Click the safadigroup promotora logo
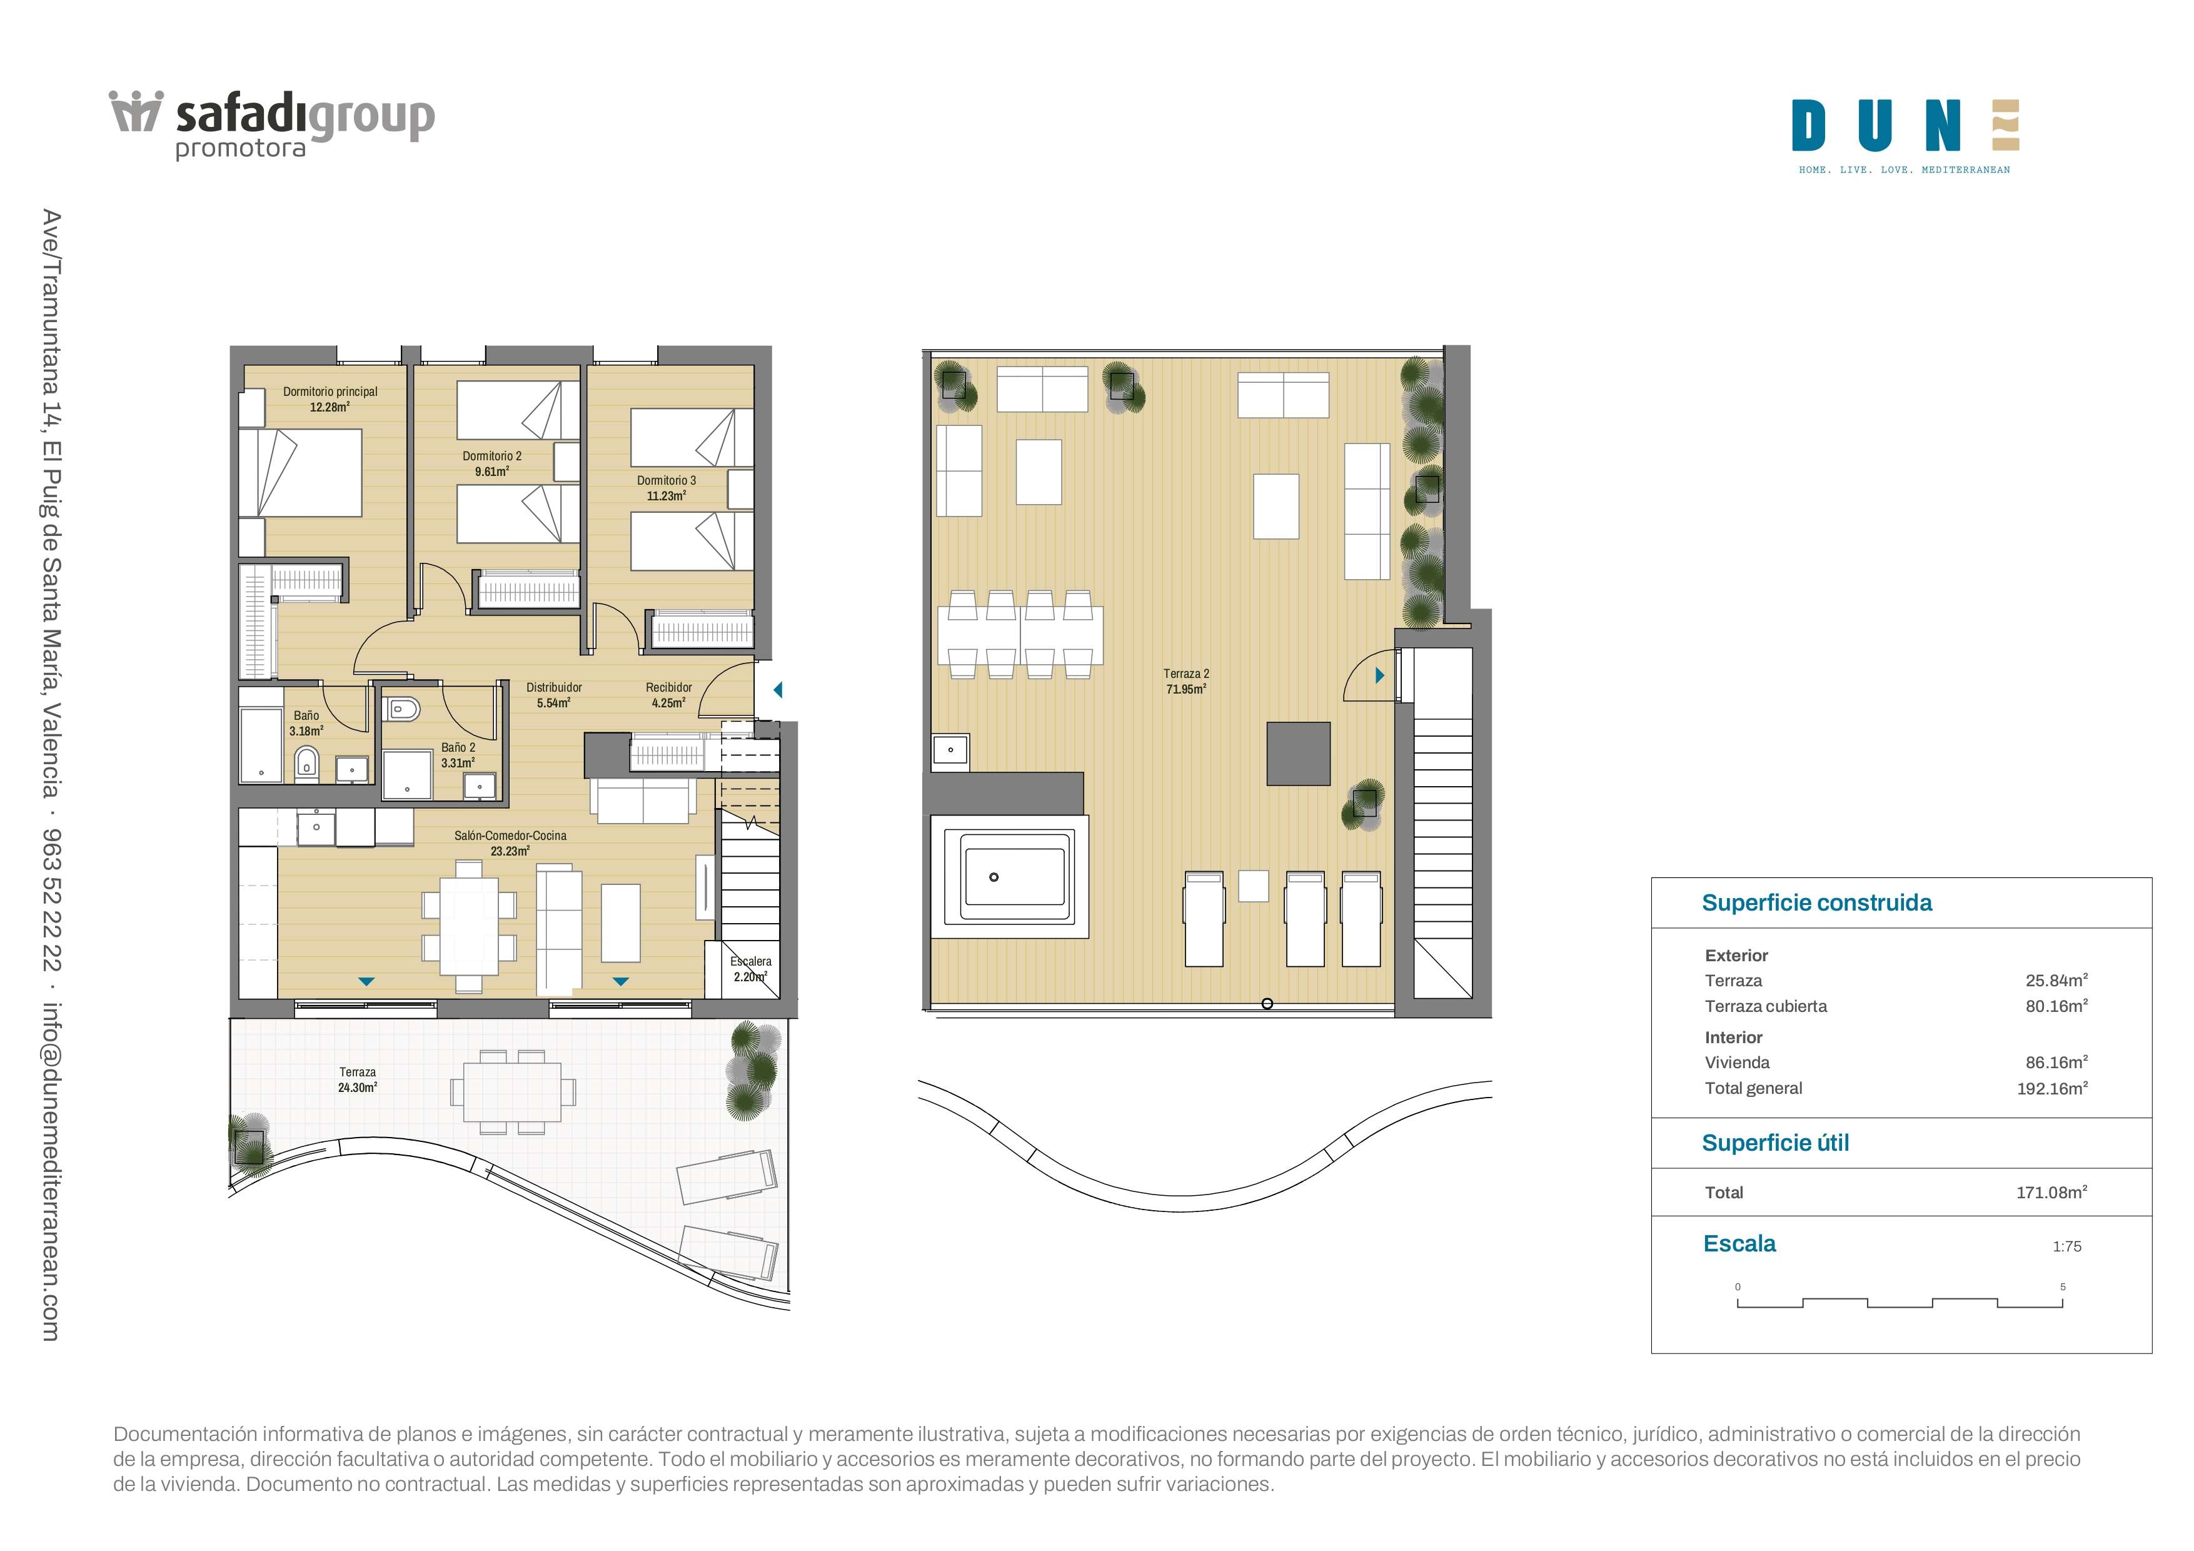tap(273, 125)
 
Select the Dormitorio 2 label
tap(492, 463)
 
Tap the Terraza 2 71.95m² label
tap(1186, 681)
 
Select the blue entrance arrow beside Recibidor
tap(778, 689)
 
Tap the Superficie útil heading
tap(1776, 1143)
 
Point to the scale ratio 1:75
tap(2067, 1246)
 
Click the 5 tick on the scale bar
tap(2063, 1286)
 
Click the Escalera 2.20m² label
tap(751, 969)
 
